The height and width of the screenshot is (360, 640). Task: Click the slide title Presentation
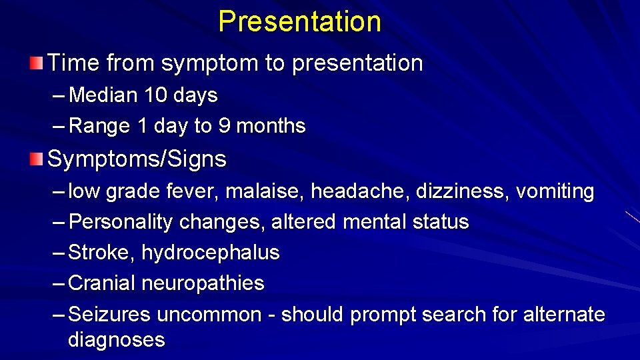click(x=299, y=21)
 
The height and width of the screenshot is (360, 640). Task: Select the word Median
click(x=104, y=96)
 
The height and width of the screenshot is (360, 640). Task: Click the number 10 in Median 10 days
click(x=157, y=96)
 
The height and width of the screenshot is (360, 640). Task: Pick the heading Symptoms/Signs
click(x=137, y=159)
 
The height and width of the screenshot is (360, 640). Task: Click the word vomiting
click(x=555, y=192)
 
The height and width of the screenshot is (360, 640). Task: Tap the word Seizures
click(x=109, y=314)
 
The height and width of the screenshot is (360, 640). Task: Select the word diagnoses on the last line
click(x=116, y=340)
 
